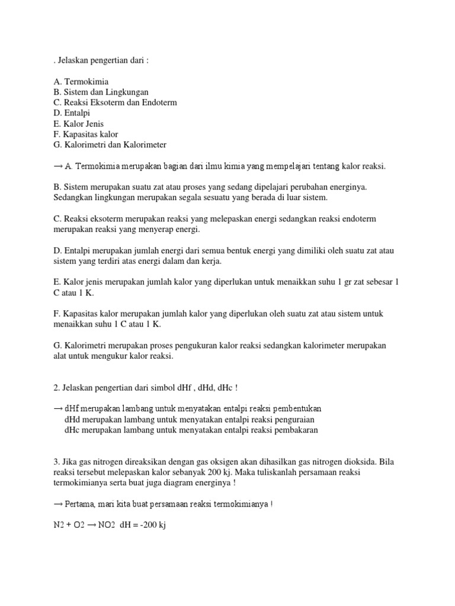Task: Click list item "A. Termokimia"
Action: [x=81, y=81]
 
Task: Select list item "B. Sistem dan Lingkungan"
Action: [x=101, y=92]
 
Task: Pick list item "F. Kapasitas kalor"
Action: [x=86, y=134]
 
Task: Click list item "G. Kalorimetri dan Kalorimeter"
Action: [x=110, y=145]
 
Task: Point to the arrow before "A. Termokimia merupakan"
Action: [x=57, y=166]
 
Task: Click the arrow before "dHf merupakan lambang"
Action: [x=57, y=409]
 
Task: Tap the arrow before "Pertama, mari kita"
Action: [x=57, y=504]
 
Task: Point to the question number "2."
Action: [x=56, y=388]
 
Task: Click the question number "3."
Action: [x=56, y=461]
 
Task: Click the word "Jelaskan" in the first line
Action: [x=74, y=60]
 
